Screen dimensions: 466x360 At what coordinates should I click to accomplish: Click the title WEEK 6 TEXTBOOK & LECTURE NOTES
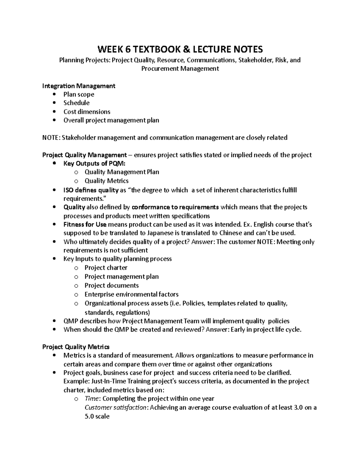(180, 49)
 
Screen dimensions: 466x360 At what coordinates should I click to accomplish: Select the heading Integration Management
(79, 86)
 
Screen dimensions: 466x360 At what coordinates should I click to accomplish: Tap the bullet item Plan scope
(79, 94)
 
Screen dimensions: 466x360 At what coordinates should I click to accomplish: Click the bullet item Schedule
(76, 103)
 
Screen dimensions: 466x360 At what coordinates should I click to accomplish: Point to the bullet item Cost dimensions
(87, 112)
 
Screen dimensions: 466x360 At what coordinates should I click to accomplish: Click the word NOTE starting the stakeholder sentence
(51, 137)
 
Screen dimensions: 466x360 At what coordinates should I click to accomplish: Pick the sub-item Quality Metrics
(106, 181)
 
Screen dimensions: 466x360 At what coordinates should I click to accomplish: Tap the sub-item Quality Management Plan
(122, 172)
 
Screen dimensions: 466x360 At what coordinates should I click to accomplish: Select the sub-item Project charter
(106, 268)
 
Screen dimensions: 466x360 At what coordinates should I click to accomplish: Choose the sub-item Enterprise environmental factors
(131, 294)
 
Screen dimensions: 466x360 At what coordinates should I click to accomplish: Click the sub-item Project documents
(112, 285)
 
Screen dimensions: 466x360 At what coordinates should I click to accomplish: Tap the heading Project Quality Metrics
(76, 347)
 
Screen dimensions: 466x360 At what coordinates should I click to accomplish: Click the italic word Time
(92, 398)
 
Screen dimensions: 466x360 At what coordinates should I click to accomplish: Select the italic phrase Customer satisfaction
(116, 407)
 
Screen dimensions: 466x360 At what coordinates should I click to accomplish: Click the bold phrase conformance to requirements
(175, 207)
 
